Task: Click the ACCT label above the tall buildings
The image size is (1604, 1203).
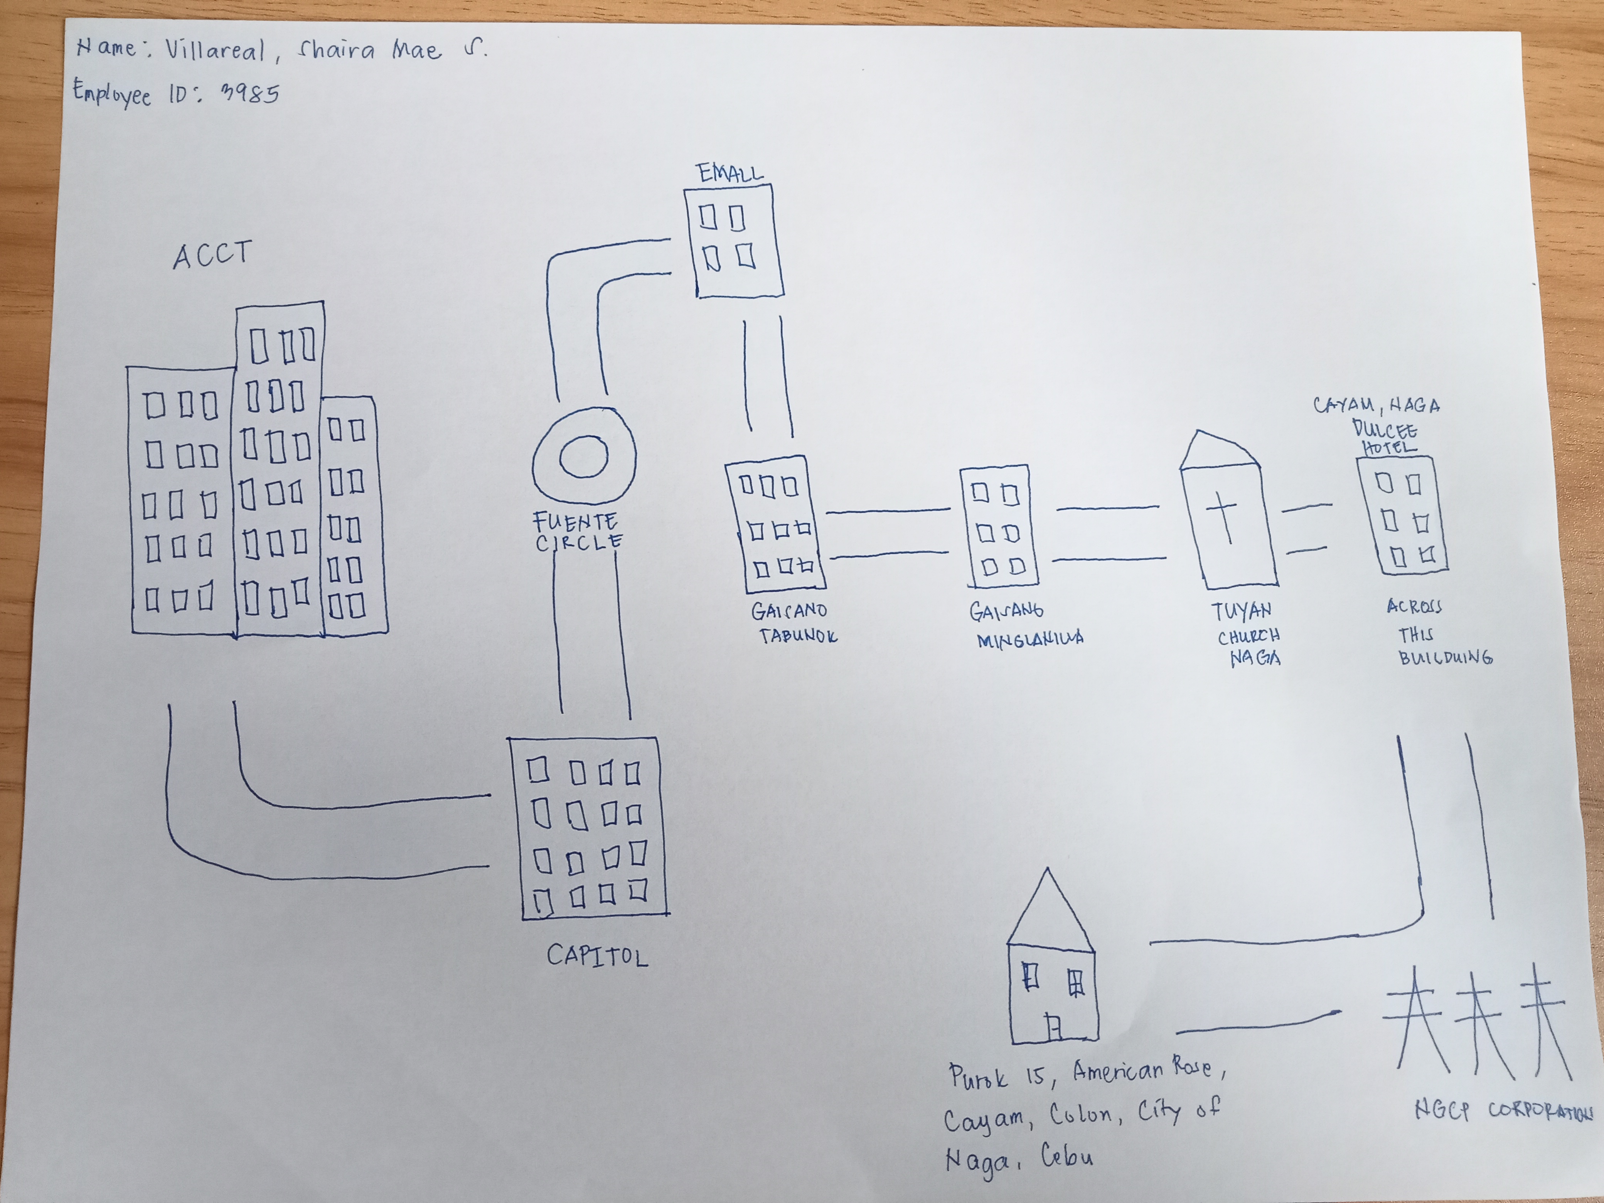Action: [x=212, y=255]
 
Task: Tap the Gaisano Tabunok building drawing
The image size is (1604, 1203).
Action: [x=775, y=524]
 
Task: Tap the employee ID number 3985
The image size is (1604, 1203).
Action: [x=250, y=93]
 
